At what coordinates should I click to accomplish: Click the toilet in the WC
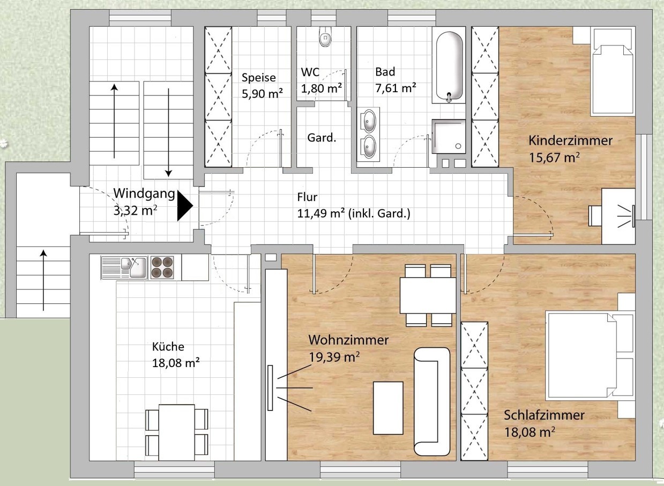tap(325, 36)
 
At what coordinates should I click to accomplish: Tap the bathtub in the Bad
tap(449, 66)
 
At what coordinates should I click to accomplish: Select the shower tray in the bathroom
tap(449, 136)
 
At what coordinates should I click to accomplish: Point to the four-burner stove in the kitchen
tap(162, 267)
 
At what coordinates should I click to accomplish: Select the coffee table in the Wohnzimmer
tap(388, 408)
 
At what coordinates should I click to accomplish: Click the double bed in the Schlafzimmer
tap(590, 356)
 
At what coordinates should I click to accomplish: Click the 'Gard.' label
tap(322, 138)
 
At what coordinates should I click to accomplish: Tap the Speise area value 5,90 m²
tap(263, 94)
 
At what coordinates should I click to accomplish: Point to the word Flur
tap(307, 197)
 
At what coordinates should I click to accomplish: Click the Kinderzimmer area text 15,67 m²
tap(554, 158)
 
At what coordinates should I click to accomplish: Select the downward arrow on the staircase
tap(168, 132)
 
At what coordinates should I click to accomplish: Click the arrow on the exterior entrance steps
tap(43, 280)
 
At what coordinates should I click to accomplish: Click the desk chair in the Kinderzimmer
tap(595, 216)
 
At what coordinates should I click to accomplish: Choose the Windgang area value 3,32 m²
tap(135, 211)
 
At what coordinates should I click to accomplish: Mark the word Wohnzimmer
tap(348, 340)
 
